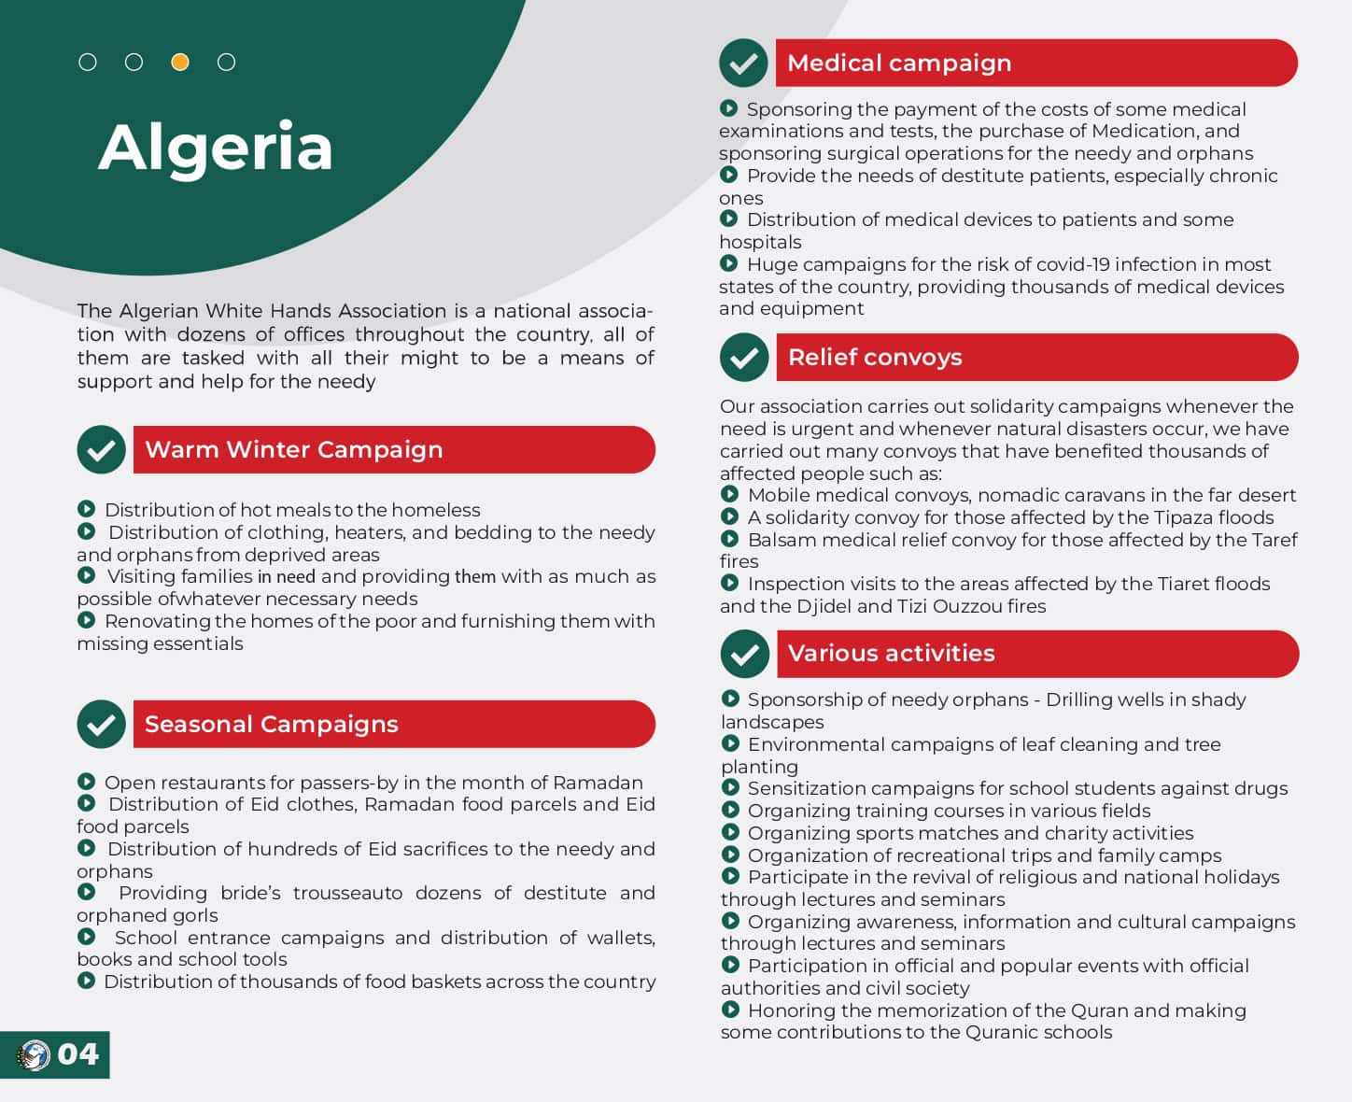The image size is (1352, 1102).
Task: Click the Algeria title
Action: tap(215, 148)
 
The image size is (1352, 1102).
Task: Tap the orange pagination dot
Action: tap(180, 63)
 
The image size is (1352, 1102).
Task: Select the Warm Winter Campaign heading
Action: tap(294, 449)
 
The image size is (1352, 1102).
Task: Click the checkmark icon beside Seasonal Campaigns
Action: tap(101, 724)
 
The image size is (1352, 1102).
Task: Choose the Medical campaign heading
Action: tap(898, 63)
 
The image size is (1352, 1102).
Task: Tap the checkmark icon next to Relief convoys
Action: tap(744, 358)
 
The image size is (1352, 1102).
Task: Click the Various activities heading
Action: tap(891, 653)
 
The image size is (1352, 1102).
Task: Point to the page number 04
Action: tap(77, 1054)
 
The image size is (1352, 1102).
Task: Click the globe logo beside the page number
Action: tap(35, 1055)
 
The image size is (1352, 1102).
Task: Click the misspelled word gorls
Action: tap(194, 915)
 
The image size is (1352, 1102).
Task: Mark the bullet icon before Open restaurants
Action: tap(86, 782)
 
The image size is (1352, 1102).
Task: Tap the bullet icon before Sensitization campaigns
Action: tap(730, 787)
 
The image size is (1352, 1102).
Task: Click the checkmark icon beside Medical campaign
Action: tap(743, 64)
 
